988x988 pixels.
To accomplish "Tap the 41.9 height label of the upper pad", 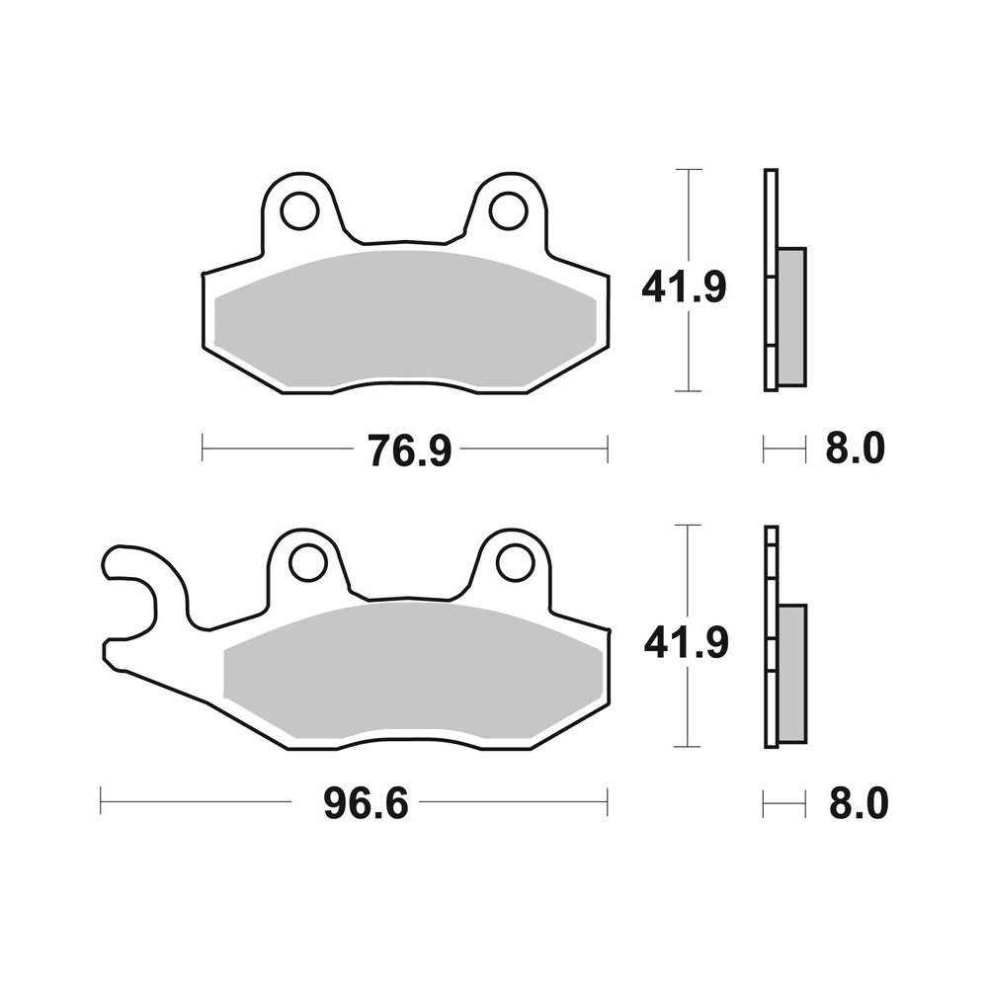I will coord(684,288).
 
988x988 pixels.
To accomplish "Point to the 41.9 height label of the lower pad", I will coord(686,643).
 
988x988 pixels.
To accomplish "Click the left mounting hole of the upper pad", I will coord(298,209).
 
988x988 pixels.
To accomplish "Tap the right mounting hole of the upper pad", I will coord(508,209).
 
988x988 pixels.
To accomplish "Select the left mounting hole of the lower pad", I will coord(307,563).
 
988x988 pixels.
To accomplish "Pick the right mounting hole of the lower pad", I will coord(515,563).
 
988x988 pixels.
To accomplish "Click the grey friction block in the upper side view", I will coord(791,316).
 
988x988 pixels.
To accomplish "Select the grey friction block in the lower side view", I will coord(792,673).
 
